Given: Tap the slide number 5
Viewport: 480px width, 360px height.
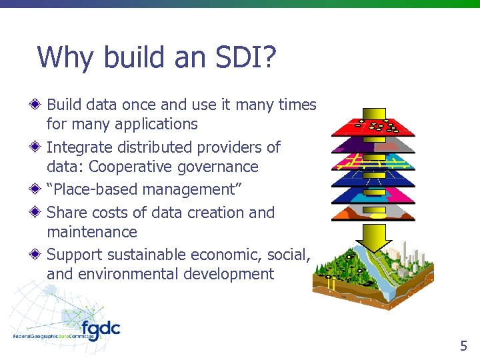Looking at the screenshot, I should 463,345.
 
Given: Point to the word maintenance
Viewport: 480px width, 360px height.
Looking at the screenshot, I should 92,232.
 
